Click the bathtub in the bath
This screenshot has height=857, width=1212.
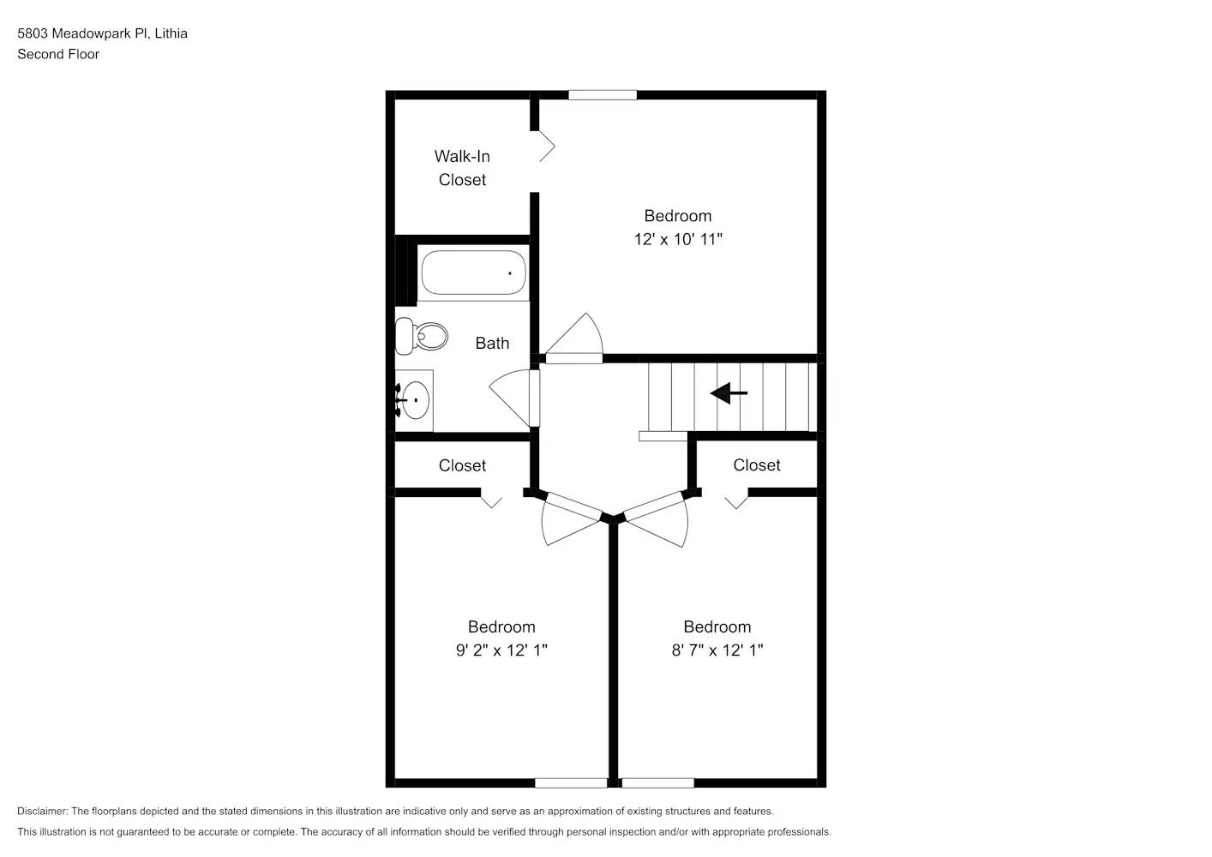(473, 273)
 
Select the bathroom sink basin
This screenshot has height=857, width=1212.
(416, 400)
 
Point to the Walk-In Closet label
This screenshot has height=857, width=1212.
(462, 168)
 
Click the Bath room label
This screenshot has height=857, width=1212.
(492, 343)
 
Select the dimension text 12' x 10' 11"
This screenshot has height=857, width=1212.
(678, 239)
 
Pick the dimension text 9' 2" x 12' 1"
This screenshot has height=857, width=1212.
(501, 650)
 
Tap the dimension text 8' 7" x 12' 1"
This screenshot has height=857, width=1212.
(717, 650)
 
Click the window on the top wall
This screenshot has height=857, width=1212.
(603, 95)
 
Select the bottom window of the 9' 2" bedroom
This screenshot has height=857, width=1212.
(571, 782)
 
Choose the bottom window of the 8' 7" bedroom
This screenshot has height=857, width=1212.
(657, 782)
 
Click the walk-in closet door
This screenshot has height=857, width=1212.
(544, 147)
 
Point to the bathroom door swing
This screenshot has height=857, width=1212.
(513, 393)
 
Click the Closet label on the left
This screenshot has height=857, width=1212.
(462, 465)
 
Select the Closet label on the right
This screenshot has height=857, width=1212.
(756, 464)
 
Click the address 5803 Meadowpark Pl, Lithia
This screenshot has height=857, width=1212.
(102, 33)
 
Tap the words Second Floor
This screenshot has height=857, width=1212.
(58, 54)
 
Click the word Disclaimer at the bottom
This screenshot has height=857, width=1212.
(42, 811)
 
